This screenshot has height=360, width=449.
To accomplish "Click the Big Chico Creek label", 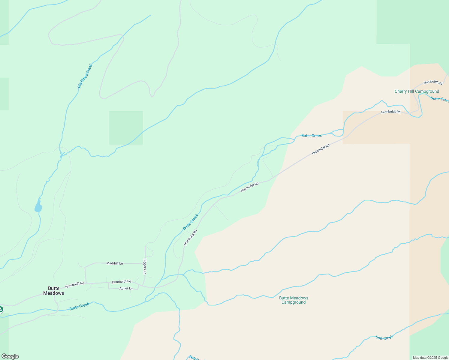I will [x=85, y=76].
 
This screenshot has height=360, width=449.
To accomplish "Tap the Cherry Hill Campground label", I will [x=417, y=91].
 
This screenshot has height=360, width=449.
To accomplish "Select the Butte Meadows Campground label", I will [x=294, y=300].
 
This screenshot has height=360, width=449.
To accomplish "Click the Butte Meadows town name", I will [x=54, y=291].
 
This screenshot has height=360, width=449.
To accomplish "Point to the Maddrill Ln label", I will [x=115, y=263].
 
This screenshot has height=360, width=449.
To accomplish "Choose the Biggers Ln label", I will [x=145, y=266].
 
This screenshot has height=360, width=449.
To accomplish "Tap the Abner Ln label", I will [x=126, y=289].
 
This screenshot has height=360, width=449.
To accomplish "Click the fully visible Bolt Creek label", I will [x=384, y=338].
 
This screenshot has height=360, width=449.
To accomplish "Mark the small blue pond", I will [x=38, y=207].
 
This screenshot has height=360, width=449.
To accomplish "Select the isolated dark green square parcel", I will [x=126, y=128].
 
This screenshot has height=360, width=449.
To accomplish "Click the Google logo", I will [x=10, y=356].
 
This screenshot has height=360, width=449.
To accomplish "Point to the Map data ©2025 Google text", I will [x=430, y=358].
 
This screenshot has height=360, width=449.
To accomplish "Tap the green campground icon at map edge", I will [x=1, y=309].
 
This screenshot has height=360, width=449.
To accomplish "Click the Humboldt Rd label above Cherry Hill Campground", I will [x=433, y=82].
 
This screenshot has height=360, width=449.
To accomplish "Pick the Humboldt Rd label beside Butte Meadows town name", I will [x=75, y=285].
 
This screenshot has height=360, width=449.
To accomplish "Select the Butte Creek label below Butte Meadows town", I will [x=79, y=306].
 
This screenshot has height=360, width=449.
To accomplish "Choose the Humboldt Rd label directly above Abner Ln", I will [x=122, y=282].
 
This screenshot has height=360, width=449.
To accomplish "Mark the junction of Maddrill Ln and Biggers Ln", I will [x=145, y=263].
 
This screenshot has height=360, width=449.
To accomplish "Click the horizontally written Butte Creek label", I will [x=311, y=136].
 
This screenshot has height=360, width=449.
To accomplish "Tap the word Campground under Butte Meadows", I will [x=294, y=302].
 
